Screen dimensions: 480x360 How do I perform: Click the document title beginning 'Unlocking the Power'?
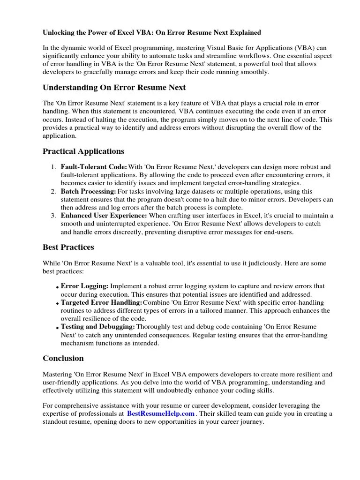[152, 33]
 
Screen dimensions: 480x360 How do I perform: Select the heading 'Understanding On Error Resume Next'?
[114, 88]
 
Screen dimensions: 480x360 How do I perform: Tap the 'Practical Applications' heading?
[83, 151]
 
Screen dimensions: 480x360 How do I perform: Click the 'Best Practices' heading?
[68, 247]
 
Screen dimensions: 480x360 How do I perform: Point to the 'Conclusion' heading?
[63, 358]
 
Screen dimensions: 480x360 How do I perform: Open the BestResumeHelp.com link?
[160, 413]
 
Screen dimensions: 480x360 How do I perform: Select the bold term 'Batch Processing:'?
[88, 192]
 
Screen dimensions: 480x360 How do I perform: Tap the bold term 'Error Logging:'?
[85, 286]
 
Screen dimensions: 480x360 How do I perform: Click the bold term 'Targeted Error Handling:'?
[101, 302]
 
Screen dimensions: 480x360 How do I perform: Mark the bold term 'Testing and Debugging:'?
[98, 327]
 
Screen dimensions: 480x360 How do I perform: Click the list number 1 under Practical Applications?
[52, 167]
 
